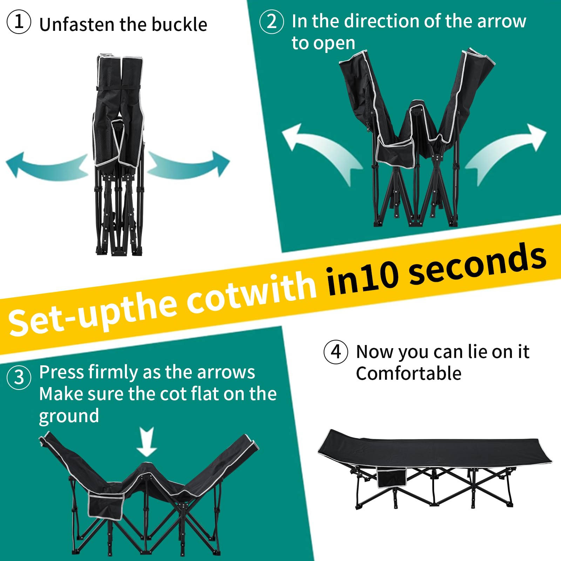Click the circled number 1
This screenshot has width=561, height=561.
(19, 21)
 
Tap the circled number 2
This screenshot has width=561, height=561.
(272, 21)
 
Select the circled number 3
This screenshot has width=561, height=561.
(19, 377)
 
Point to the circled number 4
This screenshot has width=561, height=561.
(336, 352)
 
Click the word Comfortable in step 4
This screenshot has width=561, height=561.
(409, 373)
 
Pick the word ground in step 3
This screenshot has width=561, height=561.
(69, 417)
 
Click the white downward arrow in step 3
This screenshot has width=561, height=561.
(147, 441)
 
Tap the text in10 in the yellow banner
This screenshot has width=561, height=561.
(363, 277)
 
